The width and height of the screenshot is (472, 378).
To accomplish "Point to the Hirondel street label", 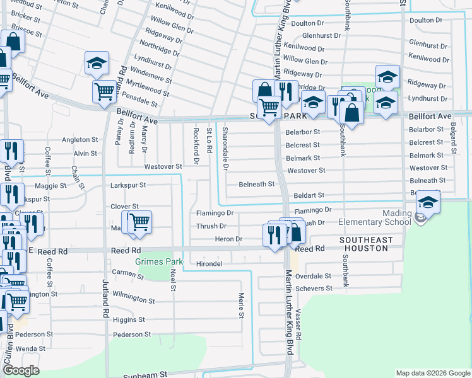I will coord(209,263).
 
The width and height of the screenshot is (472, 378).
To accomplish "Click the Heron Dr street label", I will coord(228,239).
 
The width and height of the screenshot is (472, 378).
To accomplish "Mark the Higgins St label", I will coord(129,320).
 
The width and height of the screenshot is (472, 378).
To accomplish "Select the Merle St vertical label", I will coord(241,305).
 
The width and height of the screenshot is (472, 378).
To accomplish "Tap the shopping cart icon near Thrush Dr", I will coord(139,222).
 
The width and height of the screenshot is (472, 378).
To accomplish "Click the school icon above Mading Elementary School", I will coord(427,203).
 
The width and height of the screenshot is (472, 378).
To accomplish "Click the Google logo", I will coord(21,370).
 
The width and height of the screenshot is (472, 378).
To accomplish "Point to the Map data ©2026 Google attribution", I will coord(432,373).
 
